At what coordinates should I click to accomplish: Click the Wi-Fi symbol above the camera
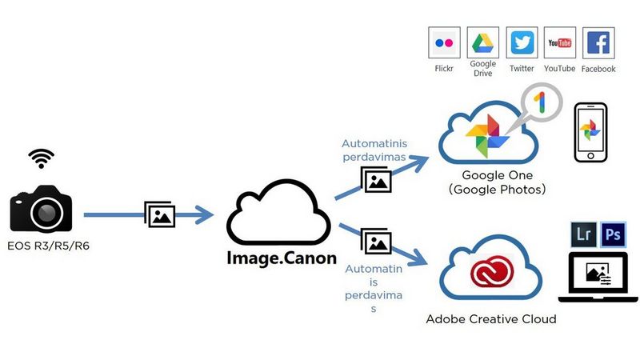(x=42, y=158)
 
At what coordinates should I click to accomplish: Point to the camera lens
(x=46, y=212)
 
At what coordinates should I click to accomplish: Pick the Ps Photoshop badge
(x=614, y=235)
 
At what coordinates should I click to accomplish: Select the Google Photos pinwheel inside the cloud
(x=487, y=135)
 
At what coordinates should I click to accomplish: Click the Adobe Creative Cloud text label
(x=491, y=319)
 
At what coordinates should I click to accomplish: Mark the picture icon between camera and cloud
(x=160, y=214)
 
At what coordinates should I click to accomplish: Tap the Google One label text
(x=497, y=175)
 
